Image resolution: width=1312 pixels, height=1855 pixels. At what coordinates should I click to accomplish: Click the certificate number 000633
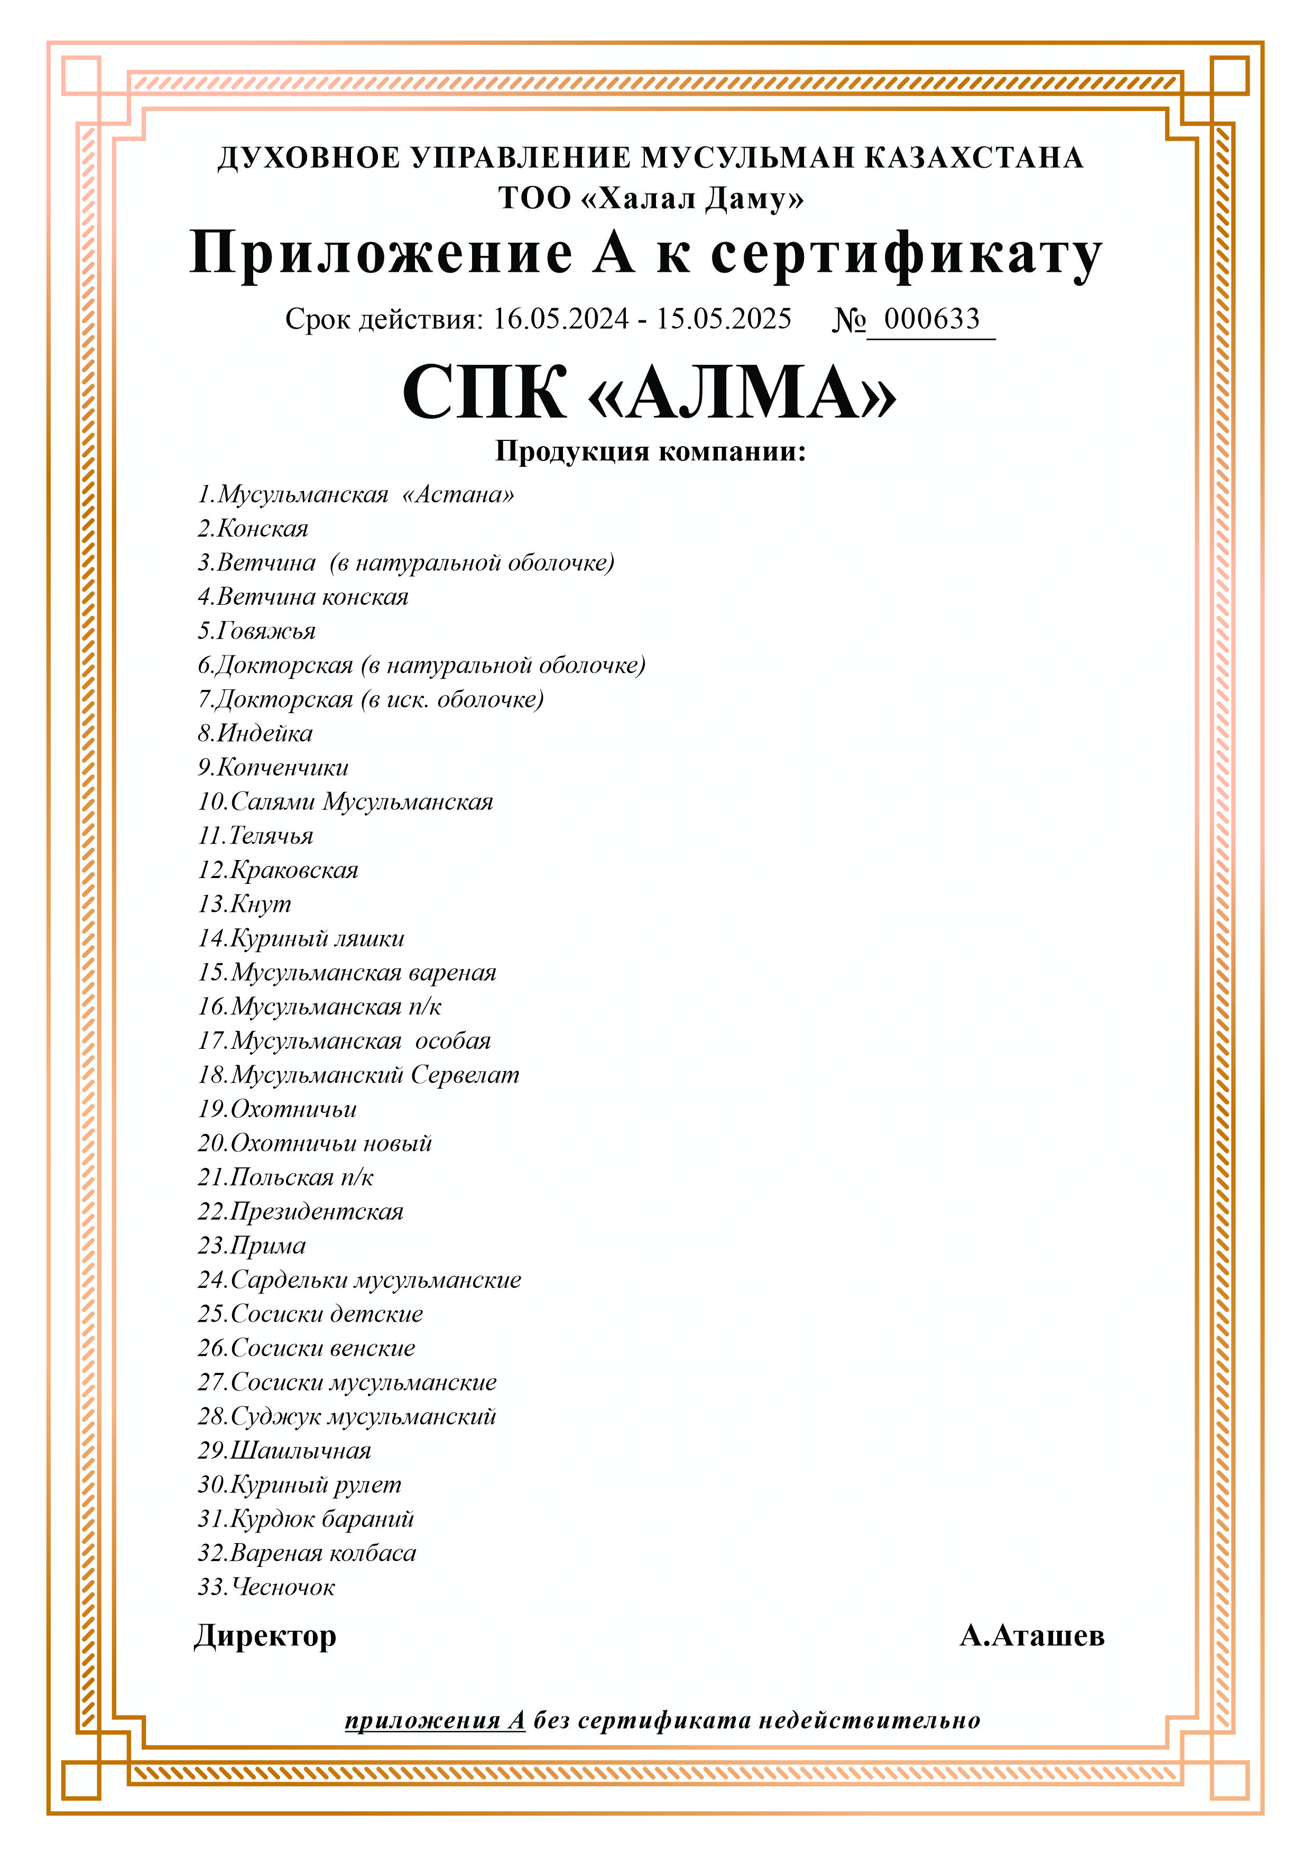pos(931,319)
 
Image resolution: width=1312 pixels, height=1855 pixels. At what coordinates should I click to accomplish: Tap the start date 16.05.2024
pos(561,319)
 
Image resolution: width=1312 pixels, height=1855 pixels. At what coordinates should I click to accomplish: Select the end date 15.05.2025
pos(723,319)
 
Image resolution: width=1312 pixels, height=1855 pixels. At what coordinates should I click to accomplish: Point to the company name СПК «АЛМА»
pos(650,393)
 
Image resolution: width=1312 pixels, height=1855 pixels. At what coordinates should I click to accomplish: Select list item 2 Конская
pos(253,529)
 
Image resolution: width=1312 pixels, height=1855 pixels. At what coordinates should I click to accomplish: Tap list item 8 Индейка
pos(255,734)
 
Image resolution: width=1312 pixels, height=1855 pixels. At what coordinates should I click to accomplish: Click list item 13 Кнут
pos(244,904)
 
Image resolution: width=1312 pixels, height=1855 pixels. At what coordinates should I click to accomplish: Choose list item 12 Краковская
pos(278,870)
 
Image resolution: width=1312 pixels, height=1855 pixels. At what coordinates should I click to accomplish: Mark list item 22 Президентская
pos(301,1211)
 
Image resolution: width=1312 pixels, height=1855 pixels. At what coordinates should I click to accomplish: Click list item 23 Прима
pos(252,1245)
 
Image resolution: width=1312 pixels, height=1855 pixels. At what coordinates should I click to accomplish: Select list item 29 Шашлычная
pos(284,1450)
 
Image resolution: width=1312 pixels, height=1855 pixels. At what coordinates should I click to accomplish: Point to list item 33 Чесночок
pos(266,1587)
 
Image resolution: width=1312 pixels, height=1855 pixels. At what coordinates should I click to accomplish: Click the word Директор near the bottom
pos(265,1636)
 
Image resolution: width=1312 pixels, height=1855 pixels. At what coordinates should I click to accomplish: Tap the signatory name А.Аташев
pos(1032,1636)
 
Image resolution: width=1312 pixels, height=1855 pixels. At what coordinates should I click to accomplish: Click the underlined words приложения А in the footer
pos(435,1720)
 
